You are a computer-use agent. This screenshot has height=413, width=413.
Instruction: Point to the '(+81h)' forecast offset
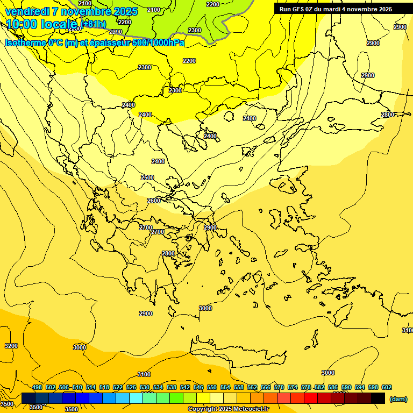[x=93, y=24]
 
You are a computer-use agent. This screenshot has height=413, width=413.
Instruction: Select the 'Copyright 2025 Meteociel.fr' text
[x=228, y=409]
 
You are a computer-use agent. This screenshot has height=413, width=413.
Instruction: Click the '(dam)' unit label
[x=398, y=398]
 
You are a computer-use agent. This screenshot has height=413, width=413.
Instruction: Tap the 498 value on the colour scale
[x=37, y=387]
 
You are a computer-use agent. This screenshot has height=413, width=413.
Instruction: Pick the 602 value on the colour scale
[x=387, y=387]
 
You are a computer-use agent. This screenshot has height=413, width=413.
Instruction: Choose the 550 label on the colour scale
[x=212, y=387]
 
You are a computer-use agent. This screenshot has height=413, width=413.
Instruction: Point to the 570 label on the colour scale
[x=279, y=387]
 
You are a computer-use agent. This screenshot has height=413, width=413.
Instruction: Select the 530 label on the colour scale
[x=145, y=387]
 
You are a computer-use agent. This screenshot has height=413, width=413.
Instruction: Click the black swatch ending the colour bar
[x=378, y=398]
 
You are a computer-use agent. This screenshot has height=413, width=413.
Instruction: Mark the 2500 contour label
[x=147, y=177]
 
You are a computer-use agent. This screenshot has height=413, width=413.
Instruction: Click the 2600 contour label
[x=153, y=201]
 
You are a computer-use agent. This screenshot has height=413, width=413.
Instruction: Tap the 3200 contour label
[x=11, y=346]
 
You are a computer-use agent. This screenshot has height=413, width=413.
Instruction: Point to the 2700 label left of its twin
[x=145, y=227]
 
